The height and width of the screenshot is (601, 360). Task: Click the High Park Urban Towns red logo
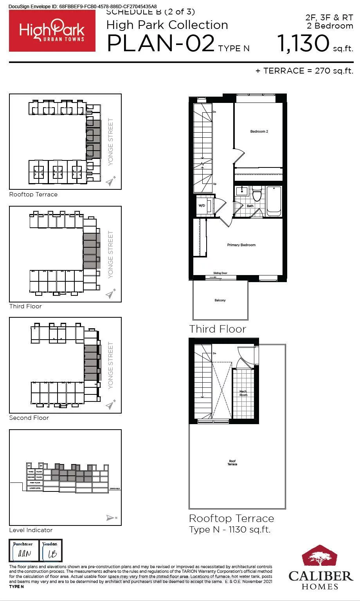pos(52,31)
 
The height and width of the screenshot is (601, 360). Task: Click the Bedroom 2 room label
pos(259,131)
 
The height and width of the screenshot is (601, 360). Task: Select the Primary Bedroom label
pos(241,245)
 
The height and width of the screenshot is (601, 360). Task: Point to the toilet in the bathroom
pos(257,194)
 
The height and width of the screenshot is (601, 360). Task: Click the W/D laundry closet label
pos(202,205)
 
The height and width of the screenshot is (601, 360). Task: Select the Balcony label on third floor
pos(220,300)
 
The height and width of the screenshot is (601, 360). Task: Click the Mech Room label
pos(243,393)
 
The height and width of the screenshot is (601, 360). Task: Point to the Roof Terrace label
pos(232,462)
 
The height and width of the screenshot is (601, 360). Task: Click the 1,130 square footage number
pos(304,43)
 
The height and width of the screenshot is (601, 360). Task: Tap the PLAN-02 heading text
pos(160,43)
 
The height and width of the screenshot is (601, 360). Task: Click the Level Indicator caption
pos(31,530)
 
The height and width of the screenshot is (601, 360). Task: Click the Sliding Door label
pos(220,273)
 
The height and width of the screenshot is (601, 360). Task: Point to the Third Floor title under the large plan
pos(218,329)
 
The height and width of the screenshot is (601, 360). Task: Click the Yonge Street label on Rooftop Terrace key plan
pos(111,142)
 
